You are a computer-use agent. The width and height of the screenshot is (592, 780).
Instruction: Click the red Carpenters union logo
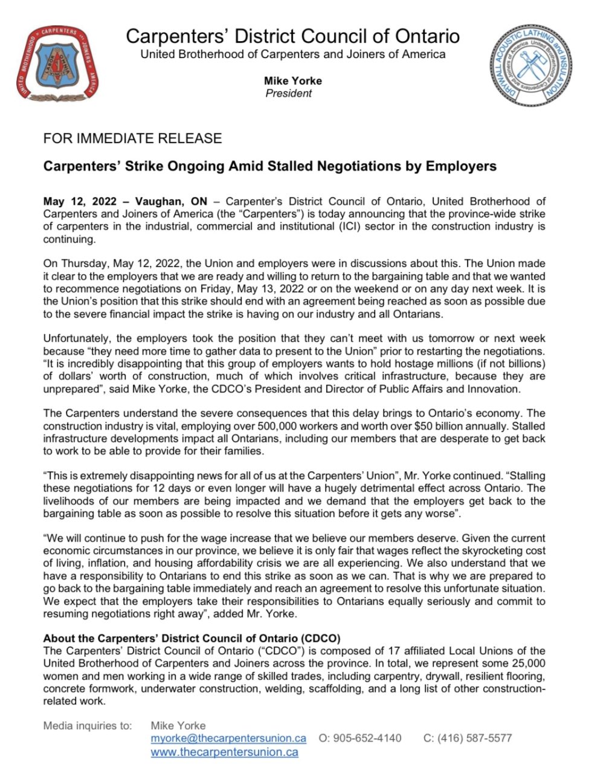57,63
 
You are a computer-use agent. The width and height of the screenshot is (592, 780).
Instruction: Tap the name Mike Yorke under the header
292,80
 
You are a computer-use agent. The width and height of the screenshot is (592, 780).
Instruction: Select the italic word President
289,93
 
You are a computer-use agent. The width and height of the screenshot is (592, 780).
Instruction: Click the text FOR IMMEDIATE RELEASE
132,138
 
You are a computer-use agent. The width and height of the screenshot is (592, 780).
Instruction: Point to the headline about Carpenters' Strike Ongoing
269,166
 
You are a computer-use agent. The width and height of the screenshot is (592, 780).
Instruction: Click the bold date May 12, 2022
79,201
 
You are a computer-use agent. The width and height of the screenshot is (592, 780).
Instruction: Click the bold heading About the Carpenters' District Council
191,638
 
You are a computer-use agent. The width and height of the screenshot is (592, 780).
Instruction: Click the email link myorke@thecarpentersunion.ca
228,738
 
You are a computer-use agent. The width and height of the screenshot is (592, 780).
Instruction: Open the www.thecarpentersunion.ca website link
224,752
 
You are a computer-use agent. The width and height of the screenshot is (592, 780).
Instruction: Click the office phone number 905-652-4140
367,738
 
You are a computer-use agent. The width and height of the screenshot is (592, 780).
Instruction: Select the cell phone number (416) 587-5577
475,738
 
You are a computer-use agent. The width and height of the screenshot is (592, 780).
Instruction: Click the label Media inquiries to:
87,726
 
